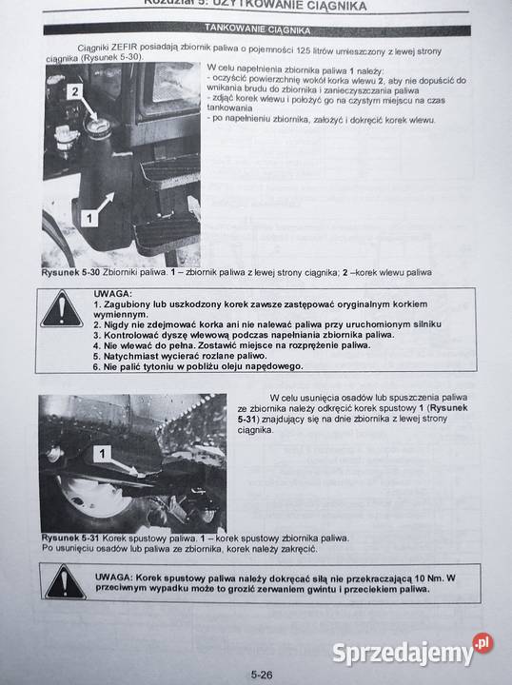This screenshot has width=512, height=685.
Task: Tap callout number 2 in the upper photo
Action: (73, 90)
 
